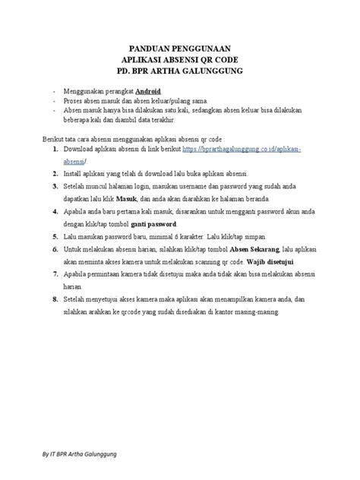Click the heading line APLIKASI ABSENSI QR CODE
click(x=180, y=58)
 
